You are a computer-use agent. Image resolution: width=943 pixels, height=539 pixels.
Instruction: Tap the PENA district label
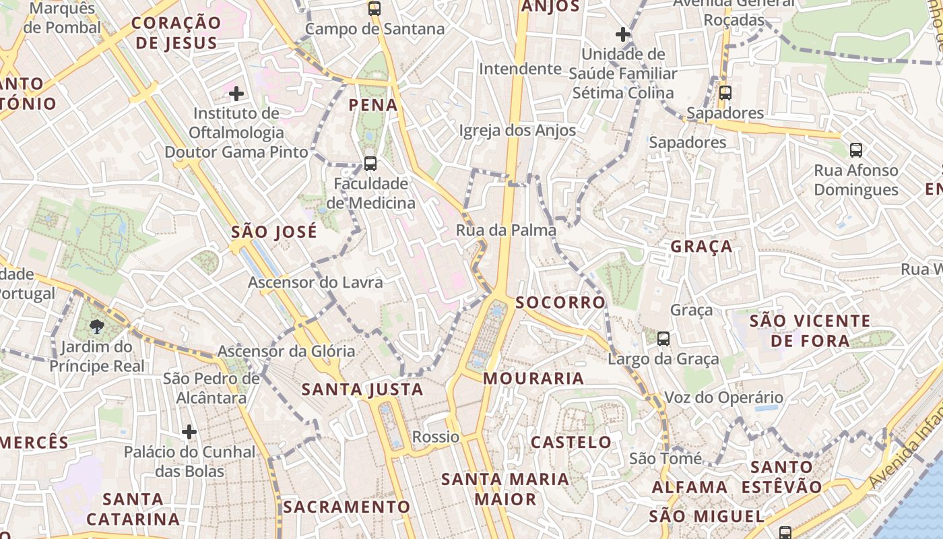click(x=373, y=105)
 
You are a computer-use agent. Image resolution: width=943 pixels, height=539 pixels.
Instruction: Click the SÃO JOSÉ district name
click(x=273, y=232)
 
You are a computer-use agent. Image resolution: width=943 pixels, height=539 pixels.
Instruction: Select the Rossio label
click(x=436, y=437)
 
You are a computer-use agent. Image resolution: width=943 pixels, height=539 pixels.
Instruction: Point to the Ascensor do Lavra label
click(x=315, y=282)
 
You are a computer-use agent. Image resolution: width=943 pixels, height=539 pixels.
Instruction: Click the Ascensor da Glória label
click(x=286, y=351)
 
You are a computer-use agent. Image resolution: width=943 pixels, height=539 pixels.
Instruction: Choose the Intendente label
click(x=520, y=69)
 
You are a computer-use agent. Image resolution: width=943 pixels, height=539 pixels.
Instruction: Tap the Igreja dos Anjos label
click(x=517, y=131)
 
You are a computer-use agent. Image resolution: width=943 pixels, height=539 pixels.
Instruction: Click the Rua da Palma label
click(x=506, y=230)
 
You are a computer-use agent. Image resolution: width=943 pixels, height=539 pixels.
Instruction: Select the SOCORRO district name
click(x=560, y=303)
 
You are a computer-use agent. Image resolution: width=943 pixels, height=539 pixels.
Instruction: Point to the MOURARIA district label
click(x=533, y=379)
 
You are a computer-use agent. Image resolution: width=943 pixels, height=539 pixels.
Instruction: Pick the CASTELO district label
click(x=571, y=443)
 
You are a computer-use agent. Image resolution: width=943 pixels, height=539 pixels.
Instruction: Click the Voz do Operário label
click(x=724, y=398)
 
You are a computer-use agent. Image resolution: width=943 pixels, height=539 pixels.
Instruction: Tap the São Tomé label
click(x=665, y=459)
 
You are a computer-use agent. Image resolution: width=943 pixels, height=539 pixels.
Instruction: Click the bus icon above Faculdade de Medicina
click(x=370, y=163)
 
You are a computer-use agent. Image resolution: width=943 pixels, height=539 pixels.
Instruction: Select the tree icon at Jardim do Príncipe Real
click(x=97, y=327)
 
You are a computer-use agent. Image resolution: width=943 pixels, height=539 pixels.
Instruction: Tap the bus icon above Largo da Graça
click(x=663, y=339)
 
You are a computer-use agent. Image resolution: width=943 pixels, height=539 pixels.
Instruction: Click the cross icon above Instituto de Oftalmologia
click(x=236, y=93)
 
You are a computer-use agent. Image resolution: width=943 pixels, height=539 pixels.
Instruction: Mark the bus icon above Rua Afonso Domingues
click(x=855, y=150)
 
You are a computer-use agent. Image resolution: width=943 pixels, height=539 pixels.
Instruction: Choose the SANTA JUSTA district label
click(x=362, y=389)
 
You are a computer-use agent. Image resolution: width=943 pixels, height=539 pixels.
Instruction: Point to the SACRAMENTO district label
click(x=346, y=507)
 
